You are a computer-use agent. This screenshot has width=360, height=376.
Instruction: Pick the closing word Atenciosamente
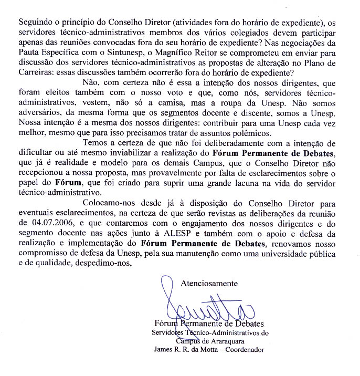pyautogui.click(x=209, y=284)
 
